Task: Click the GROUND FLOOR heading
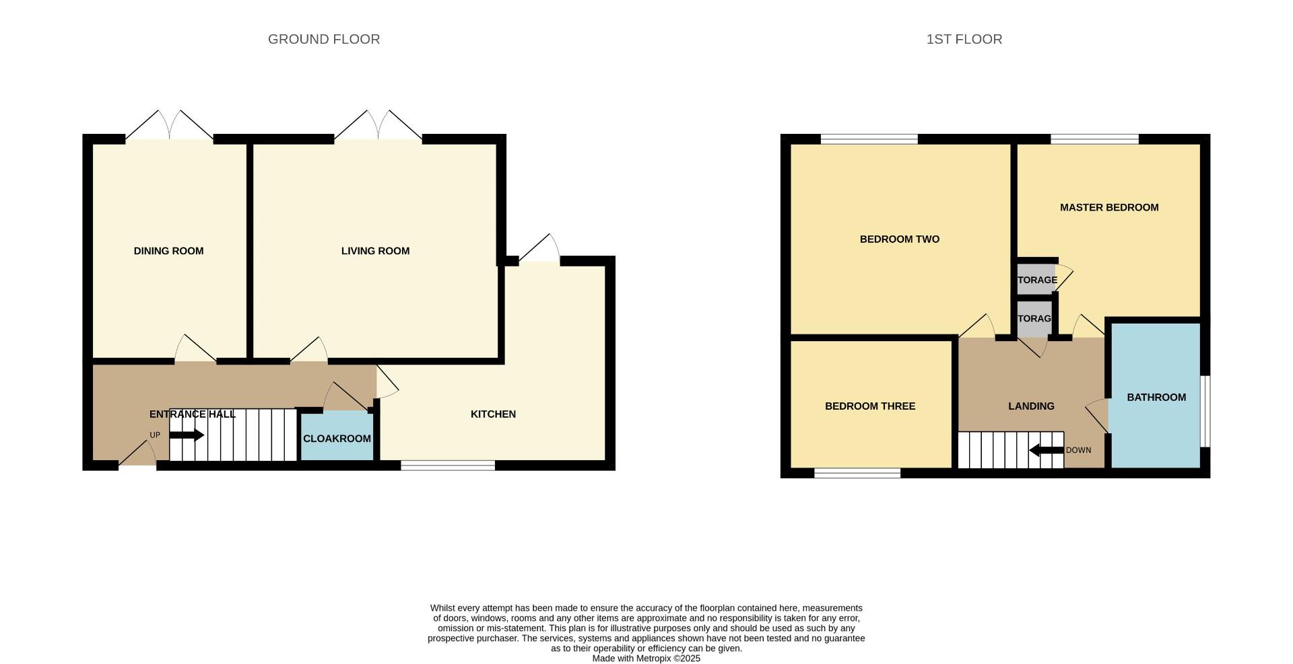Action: click(324, 39)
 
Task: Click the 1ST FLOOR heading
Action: click(964, 39)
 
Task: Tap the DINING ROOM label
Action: click(168, 251)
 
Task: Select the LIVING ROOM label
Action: click(375, 251)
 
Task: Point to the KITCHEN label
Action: click(493, 414)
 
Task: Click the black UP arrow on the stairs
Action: click(186, 435)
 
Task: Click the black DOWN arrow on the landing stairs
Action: click(1046, 450)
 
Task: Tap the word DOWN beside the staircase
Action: click(1078, 450)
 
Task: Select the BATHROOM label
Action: click(1156, 397)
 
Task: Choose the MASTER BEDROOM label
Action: click(1109, 207)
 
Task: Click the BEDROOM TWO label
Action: click(899, 239)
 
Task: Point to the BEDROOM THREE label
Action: click(869, 406)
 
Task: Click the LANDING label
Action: click(1031, 406)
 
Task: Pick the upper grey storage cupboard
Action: click(1036, 280)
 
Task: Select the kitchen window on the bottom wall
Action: click(448, 465)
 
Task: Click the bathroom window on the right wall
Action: click(1205, 410)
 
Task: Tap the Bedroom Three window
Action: click(857, 474)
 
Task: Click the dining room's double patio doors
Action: click(169, 126)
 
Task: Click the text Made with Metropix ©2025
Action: click(646, 659)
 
